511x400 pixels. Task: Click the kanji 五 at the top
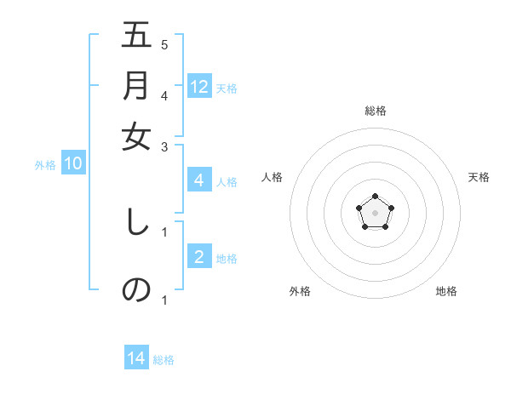[136, 37]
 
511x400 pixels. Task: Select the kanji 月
[136, 87]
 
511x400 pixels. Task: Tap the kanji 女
[136, 137]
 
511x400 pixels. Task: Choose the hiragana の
[136, 289]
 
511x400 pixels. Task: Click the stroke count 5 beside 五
[164, 44]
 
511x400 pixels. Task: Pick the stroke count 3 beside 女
[164, 146]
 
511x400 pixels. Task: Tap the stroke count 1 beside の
[164, 300]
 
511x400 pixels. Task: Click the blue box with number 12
[199, 86]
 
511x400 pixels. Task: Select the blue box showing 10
[73, 163]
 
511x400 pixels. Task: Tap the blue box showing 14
[136, 359]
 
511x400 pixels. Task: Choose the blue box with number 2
[199, 256]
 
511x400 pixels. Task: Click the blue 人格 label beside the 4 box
[227, 181]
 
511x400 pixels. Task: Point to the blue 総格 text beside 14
[164, 360]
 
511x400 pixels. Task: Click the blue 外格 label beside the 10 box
[45, 165]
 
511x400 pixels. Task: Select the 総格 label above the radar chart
[376, 111]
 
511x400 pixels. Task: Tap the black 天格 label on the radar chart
[479, 177]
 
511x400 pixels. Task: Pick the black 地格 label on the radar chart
[446, 291]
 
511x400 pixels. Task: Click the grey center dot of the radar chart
[375, 212]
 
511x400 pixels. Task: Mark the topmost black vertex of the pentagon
[375, 197]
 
